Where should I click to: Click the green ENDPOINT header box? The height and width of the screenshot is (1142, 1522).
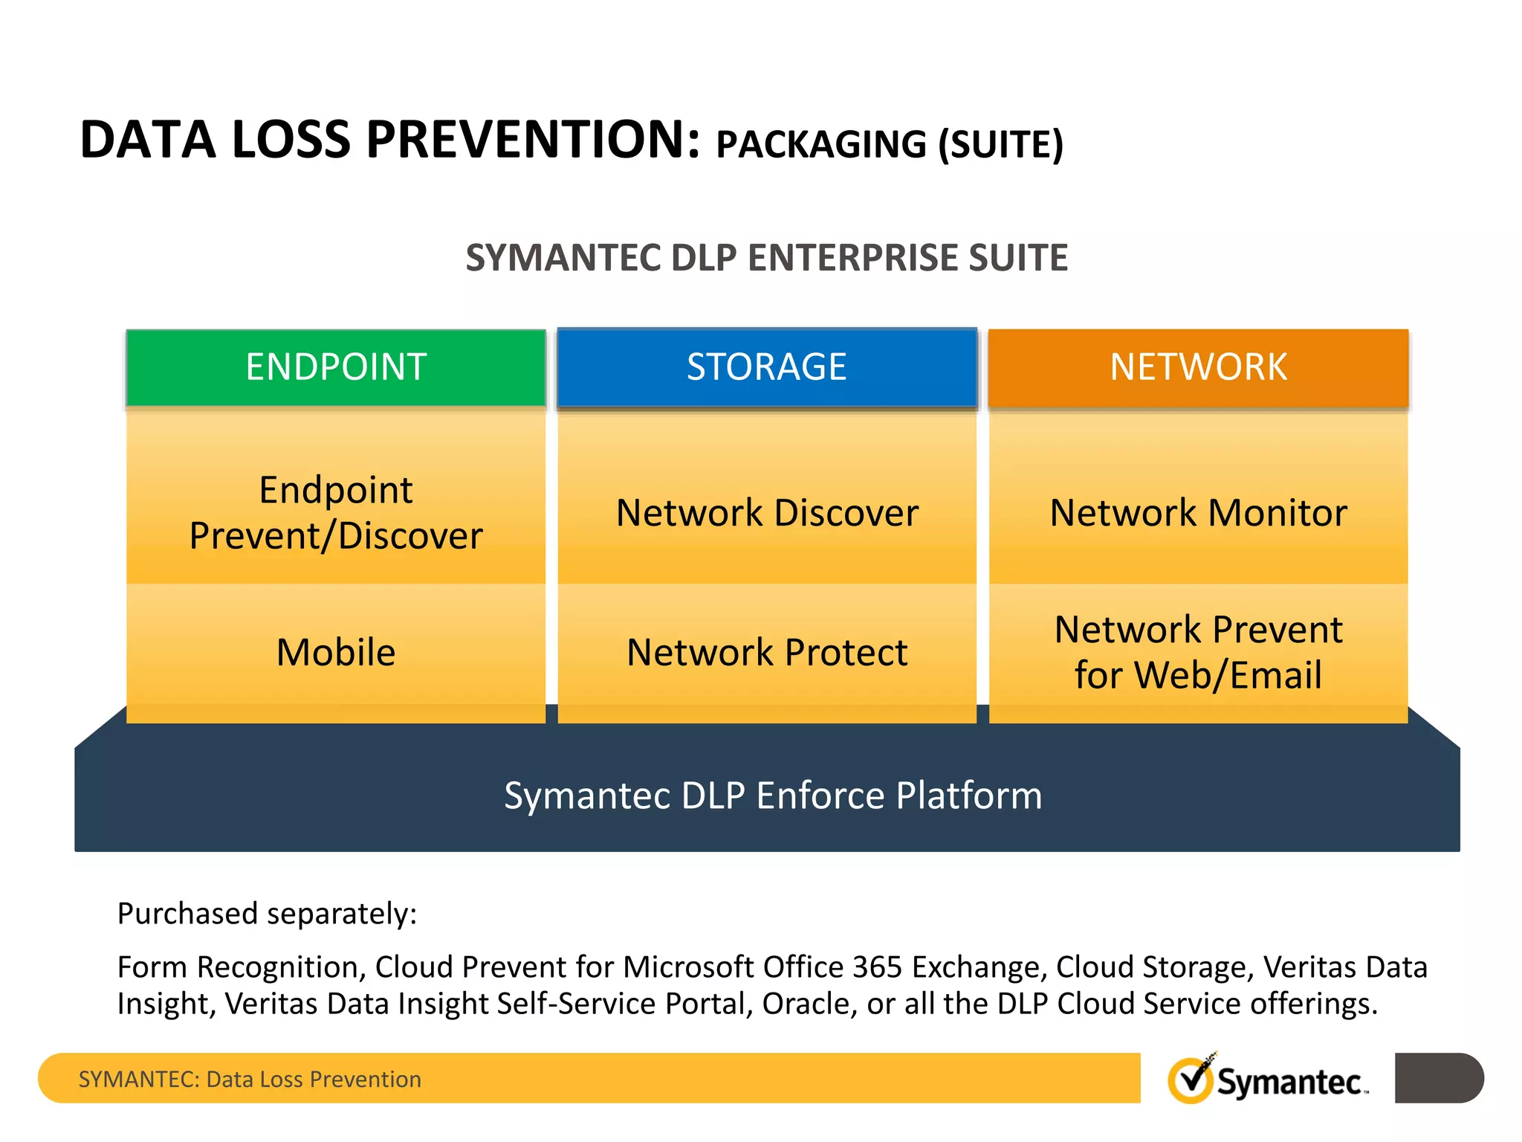point(336,367)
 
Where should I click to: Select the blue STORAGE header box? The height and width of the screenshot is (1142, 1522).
point(767,367)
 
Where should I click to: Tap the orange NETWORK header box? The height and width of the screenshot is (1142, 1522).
point(1198,367)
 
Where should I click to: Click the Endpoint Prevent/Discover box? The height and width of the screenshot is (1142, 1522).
point(336,513)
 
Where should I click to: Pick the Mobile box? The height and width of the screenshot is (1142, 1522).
point(336,652)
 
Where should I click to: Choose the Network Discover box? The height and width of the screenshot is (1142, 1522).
point(767,513)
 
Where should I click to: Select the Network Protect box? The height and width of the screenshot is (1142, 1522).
point(767,652)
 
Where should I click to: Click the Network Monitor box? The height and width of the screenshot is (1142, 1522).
point(1198,513)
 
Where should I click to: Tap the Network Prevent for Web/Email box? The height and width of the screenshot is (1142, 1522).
point(1198,652)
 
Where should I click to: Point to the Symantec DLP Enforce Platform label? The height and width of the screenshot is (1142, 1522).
point(773,796)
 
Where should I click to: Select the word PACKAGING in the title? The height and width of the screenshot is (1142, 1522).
point(821,144)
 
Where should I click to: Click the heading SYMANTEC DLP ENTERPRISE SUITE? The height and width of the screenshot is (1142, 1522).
point(767,258)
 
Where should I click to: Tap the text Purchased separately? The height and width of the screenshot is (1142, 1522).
point(267,914)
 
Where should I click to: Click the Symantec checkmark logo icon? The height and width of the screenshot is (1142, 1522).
point(1191,1080)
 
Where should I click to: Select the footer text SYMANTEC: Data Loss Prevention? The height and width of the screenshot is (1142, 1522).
point(250,1079)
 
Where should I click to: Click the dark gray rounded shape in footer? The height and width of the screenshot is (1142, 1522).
point(1438,1078)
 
